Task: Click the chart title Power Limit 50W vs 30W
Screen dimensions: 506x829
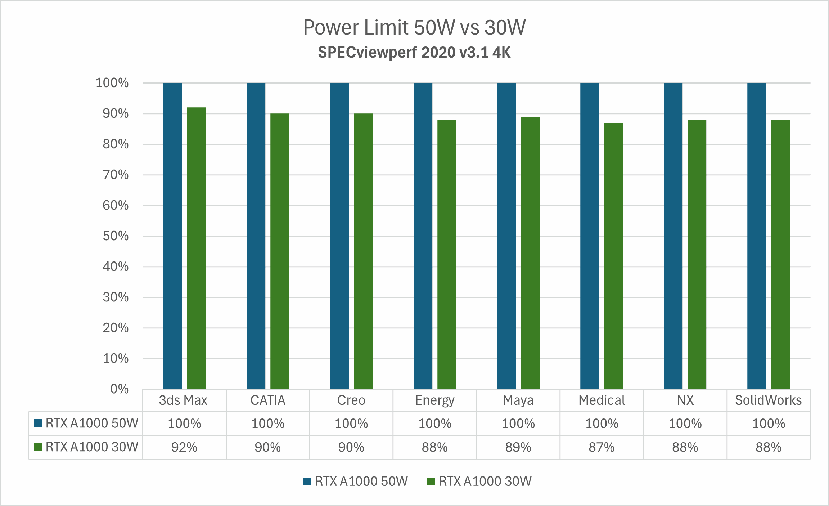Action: tap(414, 27)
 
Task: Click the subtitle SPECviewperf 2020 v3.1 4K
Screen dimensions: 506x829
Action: tap(414, 53)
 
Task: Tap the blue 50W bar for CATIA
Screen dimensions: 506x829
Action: tap(256, 236)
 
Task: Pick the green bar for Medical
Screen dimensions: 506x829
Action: tap(613, 256)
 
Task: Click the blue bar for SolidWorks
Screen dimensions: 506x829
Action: tap(757, 236)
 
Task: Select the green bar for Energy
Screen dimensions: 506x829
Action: tap(447, 254)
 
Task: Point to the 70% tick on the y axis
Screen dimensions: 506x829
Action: tap(116, 175)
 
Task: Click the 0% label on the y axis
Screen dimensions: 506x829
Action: tap(120, 389)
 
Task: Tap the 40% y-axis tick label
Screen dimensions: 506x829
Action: tap(116, 267)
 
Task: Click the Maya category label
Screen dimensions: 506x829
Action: tap(518, 400)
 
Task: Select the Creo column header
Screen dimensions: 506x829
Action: tap(351, 400)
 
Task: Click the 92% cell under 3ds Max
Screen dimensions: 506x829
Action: tap(184, 447)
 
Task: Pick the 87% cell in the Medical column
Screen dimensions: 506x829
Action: tap(602, 447)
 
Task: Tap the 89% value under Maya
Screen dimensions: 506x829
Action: tap(518, 447)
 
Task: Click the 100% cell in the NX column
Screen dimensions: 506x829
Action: tap(685, 424)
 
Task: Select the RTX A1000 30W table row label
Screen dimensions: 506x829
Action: tap(92, 447)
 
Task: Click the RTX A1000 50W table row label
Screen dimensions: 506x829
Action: tap(92, 423)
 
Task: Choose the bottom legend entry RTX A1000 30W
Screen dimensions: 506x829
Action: tap(485, 482)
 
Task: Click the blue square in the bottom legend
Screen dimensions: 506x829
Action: tap(307, 482)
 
